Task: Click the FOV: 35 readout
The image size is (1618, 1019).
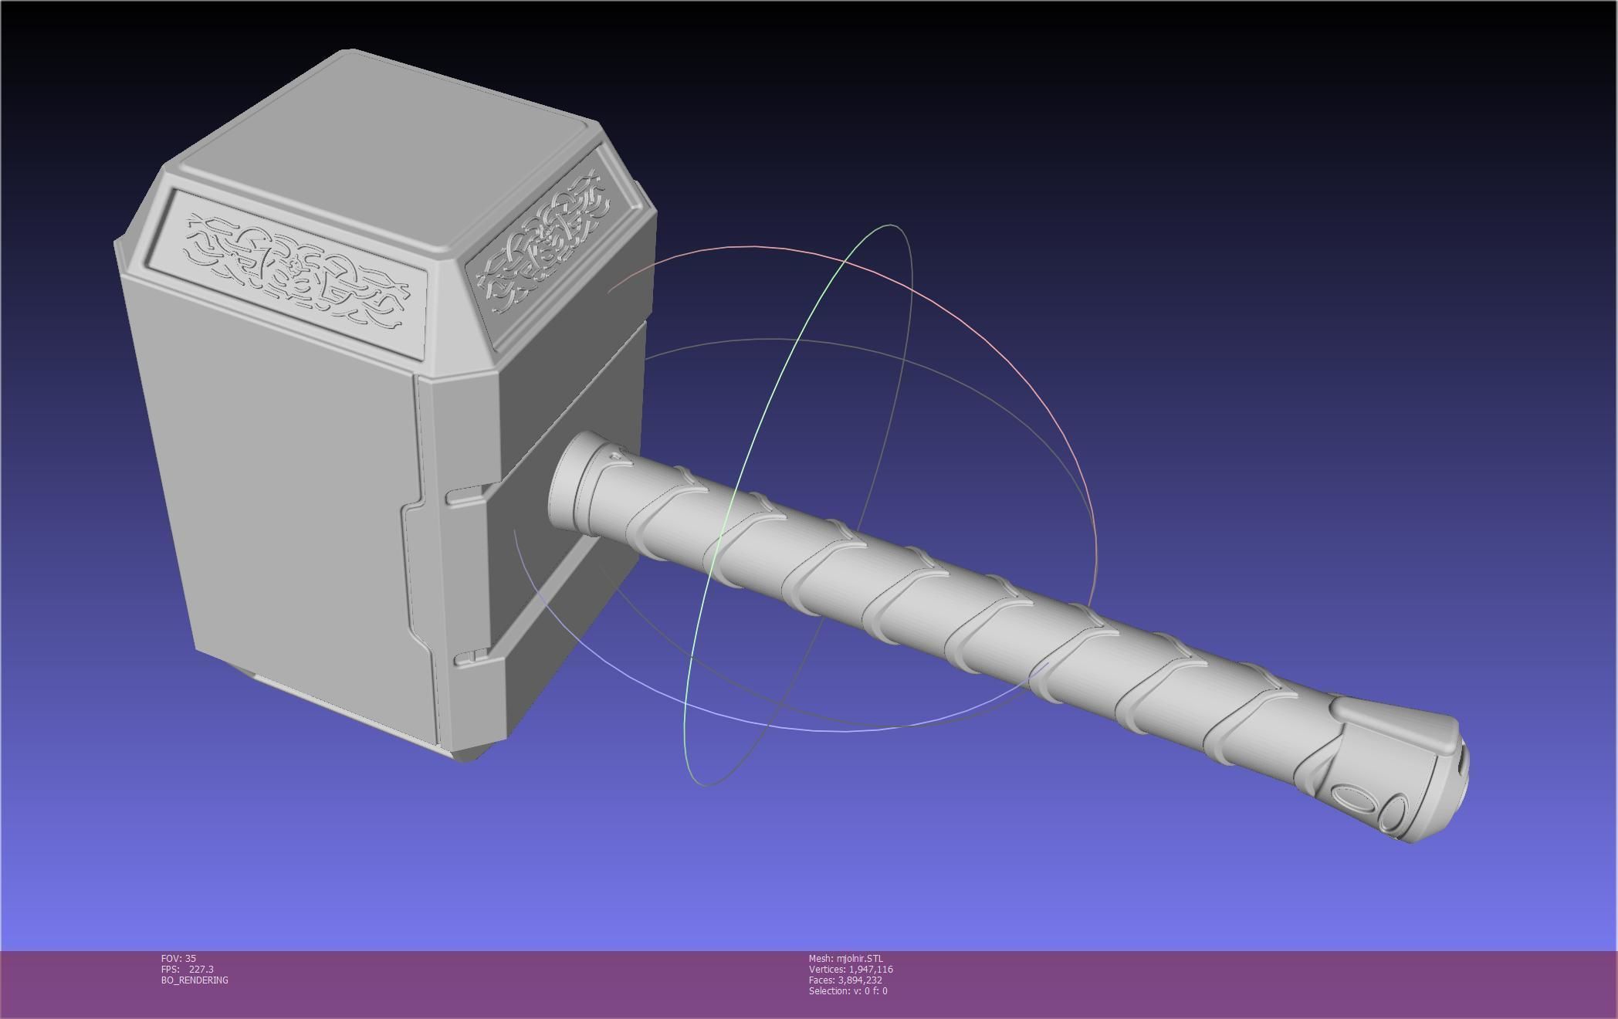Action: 178,959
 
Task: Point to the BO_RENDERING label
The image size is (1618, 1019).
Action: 195,980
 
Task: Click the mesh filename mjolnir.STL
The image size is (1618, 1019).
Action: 859,959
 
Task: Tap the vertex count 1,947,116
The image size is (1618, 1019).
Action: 870,970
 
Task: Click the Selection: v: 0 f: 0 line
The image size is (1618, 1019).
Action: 848,991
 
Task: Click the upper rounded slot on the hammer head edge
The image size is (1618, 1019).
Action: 464,496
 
